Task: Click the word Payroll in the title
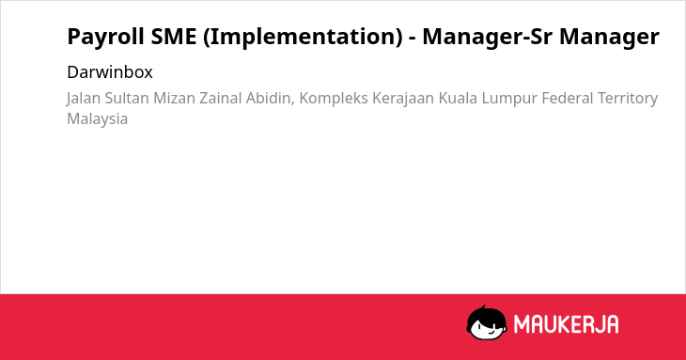click(105, 37)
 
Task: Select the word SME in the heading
click(174, 36)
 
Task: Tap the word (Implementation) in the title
click(303, 37)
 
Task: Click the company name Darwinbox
click(110, 72)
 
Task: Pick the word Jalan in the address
click(84, 99)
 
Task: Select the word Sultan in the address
click(127, 98)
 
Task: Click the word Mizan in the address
click(174, 98)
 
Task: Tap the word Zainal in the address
click(221, 98)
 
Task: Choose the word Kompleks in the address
click(334, 99)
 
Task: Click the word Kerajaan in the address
click(403, 99)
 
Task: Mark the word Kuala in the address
click(458, 98)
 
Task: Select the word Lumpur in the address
click(509, 99)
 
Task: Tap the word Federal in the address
click(568, 98)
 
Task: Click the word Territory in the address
click(628, 99)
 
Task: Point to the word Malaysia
click(98, 119)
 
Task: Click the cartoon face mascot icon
click(487, 322)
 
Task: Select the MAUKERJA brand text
click(566, 324)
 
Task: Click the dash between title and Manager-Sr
click(413, 39)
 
